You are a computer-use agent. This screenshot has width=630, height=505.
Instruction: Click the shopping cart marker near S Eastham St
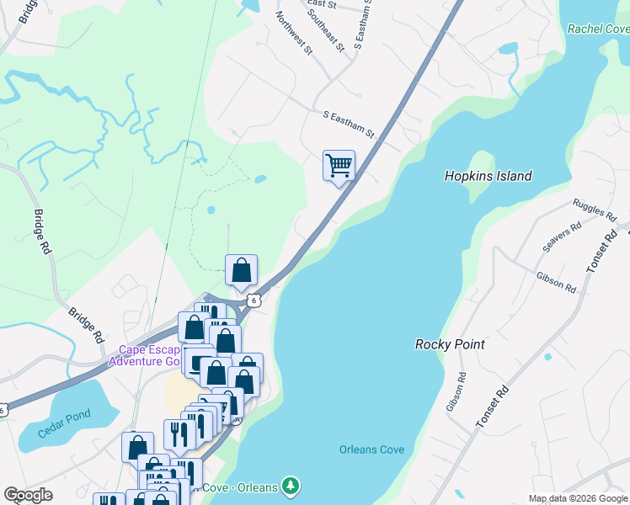coord(339,166)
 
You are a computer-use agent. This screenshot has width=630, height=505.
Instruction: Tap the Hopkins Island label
coord(489,176)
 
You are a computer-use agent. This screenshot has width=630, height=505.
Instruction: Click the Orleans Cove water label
coord(371,449)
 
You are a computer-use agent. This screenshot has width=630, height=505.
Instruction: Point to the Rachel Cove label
coord(598,28)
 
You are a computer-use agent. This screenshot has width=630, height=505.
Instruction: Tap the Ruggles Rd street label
coord(594,210)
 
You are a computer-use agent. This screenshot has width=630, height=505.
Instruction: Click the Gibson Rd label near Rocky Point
coord(556,282)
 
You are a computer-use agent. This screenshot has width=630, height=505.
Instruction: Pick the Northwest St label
coord(294,32)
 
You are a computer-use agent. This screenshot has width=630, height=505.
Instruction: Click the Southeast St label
coord(327,29)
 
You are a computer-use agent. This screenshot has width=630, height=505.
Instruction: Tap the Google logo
coord(28,495)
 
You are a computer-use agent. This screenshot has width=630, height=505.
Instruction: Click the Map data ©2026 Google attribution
coord(578,498)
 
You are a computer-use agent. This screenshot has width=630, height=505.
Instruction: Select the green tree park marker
coord(290,486)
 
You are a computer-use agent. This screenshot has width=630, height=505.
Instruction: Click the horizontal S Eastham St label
coord(348,121)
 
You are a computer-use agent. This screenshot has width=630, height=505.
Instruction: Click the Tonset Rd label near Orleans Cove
coord(493,408)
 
